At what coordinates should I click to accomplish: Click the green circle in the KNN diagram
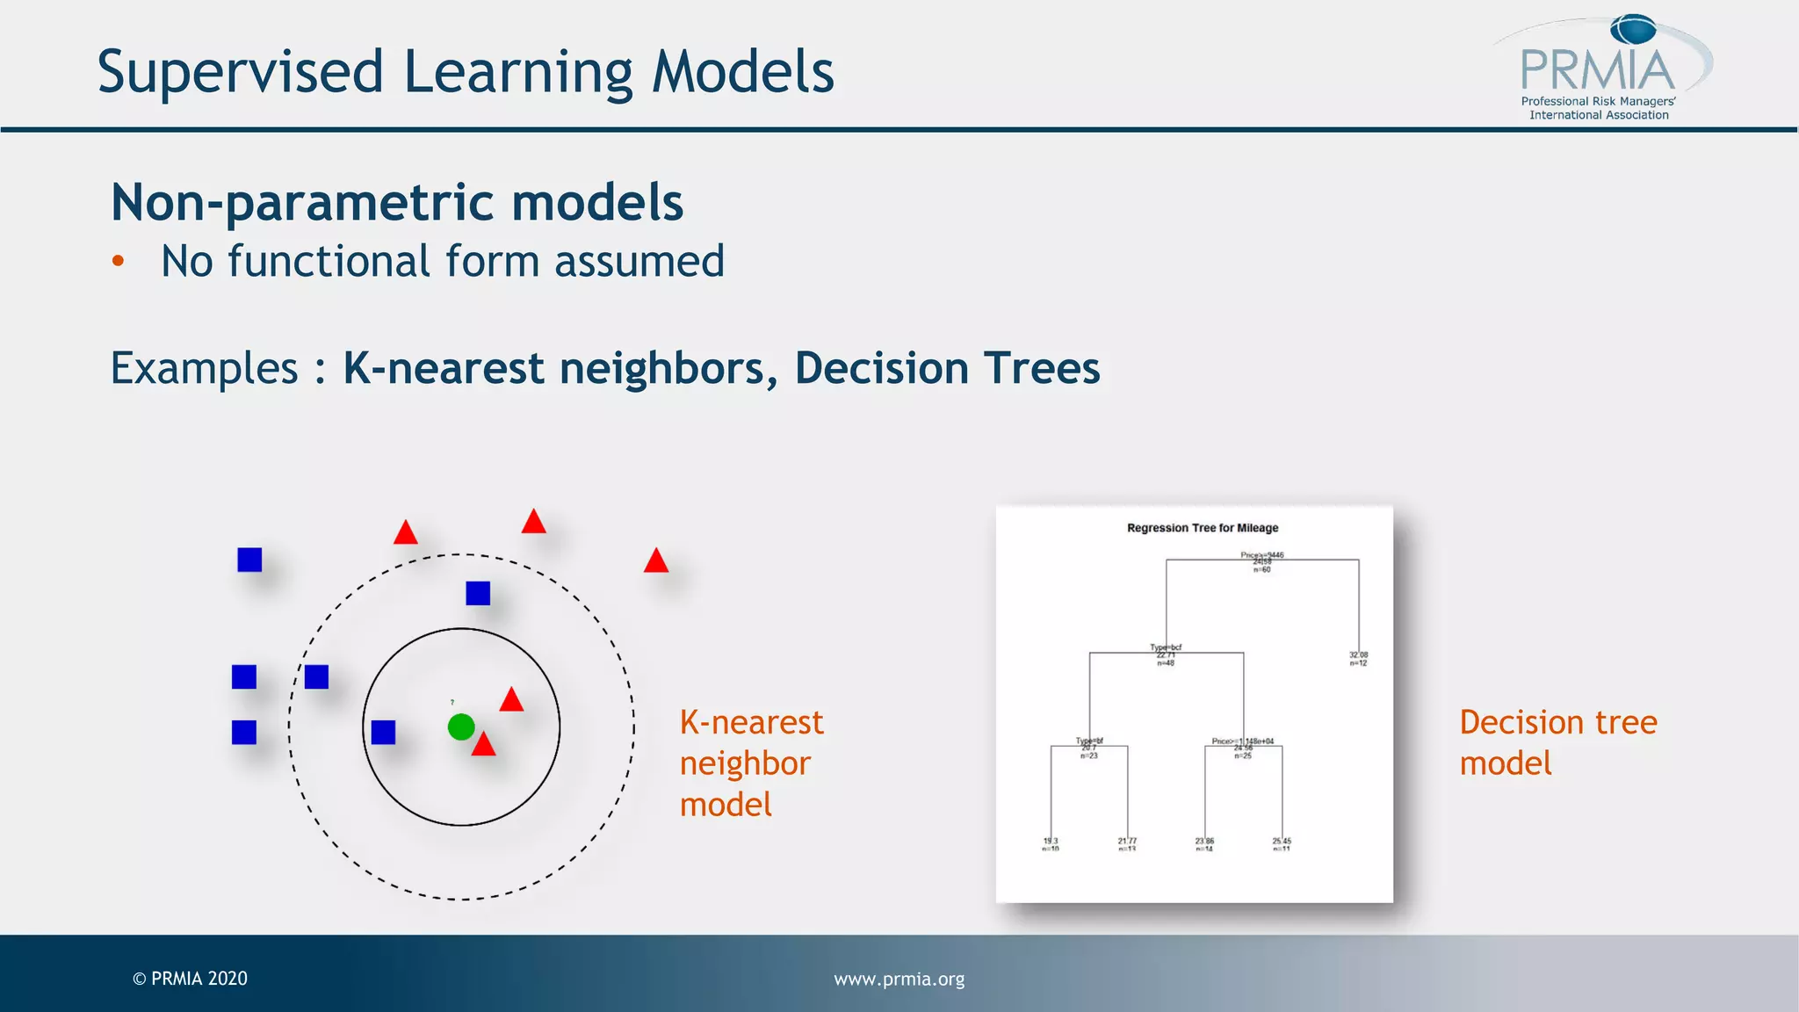461,726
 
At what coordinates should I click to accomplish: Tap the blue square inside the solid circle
383,732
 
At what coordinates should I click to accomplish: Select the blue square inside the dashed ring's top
478,593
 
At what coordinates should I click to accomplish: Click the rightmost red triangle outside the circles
656,561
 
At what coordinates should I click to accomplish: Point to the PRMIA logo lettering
1597,70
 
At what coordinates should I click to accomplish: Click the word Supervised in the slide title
240,72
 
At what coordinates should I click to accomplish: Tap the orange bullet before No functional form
118,261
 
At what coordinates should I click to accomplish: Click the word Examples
204,368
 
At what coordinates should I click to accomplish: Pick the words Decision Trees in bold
947,368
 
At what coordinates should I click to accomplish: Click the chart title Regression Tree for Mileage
1203,528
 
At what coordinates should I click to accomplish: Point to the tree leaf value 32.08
1358,655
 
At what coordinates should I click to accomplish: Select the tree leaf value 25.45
1282,841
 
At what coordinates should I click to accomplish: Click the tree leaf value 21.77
1127,841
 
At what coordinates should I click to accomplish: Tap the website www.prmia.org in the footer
899,979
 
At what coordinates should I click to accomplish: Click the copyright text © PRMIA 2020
190,979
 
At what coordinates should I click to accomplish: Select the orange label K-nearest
751,722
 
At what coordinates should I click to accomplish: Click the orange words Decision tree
1557,722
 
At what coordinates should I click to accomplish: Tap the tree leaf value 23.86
1204,841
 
